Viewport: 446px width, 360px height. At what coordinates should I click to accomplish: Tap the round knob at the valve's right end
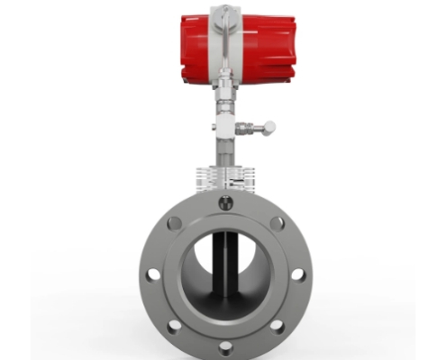click(269, 128)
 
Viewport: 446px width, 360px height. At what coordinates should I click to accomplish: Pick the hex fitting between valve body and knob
click(250, 128)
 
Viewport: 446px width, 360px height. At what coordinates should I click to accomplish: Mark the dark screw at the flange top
click(223, 203)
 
